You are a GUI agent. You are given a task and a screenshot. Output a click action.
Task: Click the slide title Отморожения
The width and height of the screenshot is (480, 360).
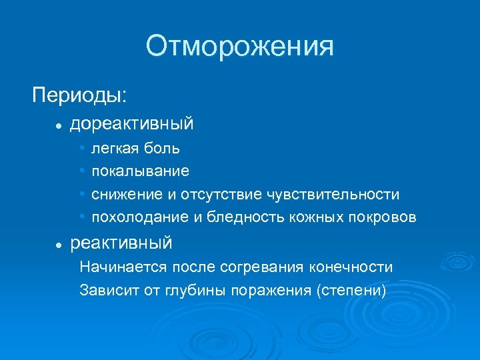(240, 47)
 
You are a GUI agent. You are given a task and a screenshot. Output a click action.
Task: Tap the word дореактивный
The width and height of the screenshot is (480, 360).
(132, 123)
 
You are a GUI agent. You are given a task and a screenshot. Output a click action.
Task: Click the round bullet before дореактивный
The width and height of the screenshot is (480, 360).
(59, 125)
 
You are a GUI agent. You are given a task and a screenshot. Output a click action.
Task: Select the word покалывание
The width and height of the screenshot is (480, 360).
(140, 171)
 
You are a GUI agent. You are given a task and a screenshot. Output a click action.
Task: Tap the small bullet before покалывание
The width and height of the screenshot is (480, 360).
(81, 171)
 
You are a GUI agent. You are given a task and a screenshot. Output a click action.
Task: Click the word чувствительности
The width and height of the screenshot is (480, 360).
(333, 195)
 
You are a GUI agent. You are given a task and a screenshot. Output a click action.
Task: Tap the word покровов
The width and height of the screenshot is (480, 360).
(385, 217)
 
